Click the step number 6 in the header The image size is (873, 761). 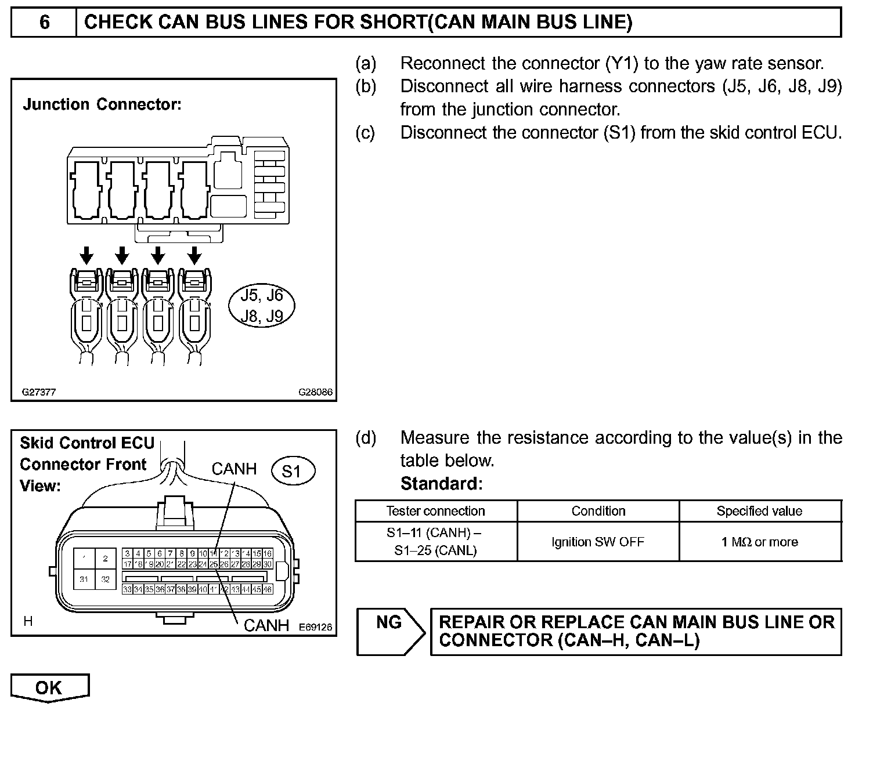[x=44, y=23]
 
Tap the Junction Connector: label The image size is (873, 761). [x=102, y=104]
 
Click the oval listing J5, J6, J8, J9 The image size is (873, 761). [x=262, y=306]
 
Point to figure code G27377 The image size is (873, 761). [x=39, y=392]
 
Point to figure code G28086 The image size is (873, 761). [x=315, y=392]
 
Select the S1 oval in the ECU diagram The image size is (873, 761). [x=293, y=471]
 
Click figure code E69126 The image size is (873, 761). [x=315, y=627]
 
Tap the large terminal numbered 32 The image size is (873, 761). [x=105, y=579]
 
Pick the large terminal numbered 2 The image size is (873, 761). [x=105, y=559]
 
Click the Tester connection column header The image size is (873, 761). [x=435, y=511]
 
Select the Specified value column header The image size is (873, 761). [x=759, y=511]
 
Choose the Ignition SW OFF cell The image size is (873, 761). [x=598, y=542]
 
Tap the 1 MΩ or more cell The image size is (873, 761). [x=759, y=542]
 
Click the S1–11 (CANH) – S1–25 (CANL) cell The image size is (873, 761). [x=435, y=541]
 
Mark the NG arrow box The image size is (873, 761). [x=389, y=632]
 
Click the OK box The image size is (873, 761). [x=49, y=687]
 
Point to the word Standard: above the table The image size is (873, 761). [x=441, y=484]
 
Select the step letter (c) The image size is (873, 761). [x=366, y=133]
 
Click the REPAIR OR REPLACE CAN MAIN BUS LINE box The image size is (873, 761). [x=636, y=632]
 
